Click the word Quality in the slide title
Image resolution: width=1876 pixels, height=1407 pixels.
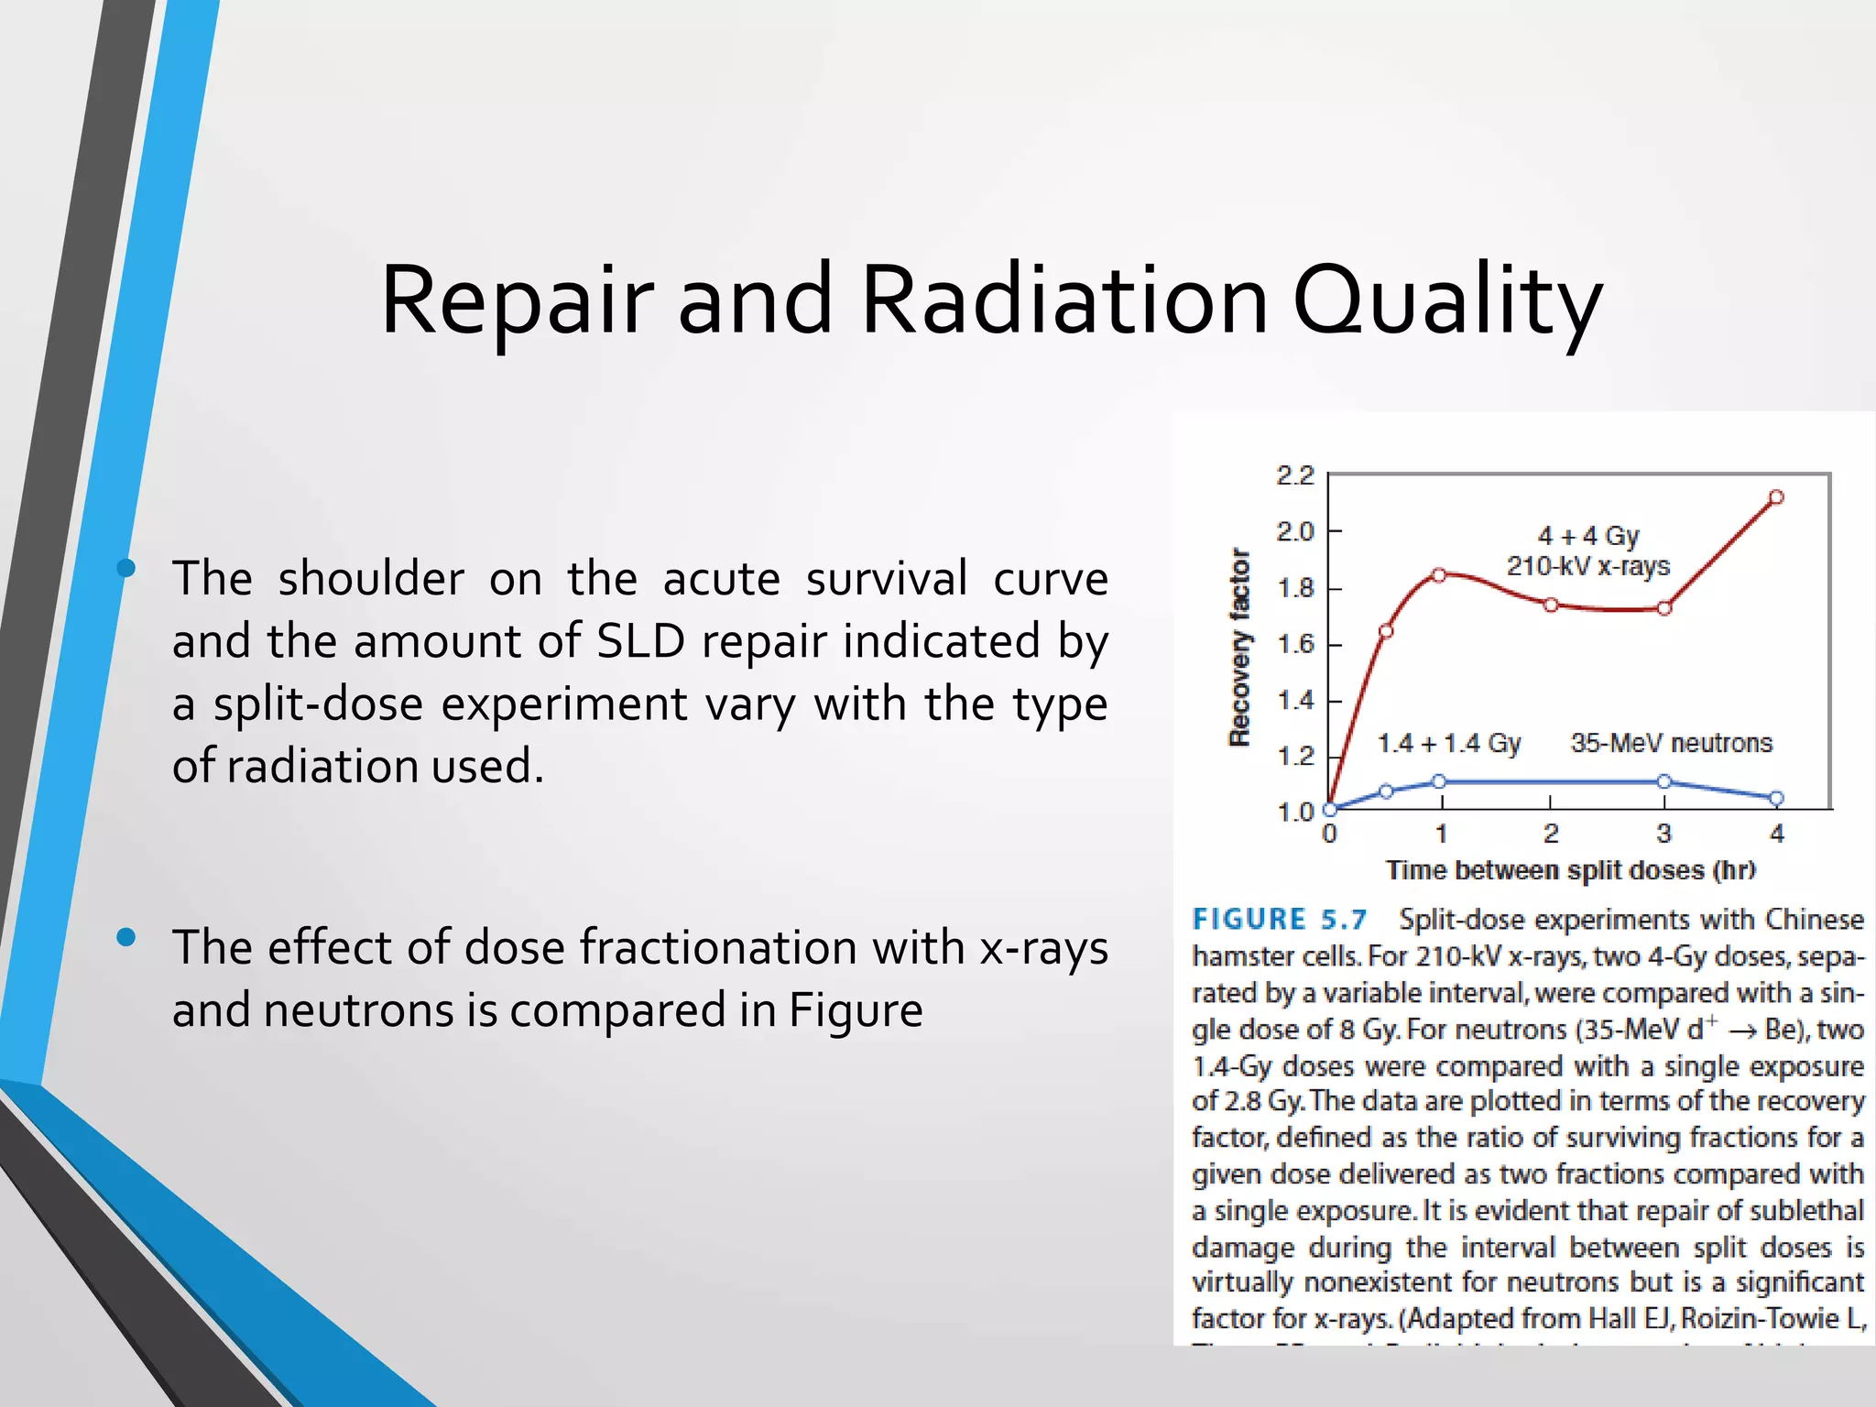[1447, 302]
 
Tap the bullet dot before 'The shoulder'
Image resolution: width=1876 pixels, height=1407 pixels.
[126, 569]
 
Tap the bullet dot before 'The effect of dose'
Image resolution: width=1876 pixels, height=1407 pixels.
[126, 937]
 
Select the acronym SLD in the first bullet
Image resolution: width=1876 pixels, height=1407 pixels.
[640, 641]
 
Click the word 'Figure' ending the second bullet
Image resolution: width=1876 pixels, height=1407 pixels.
[856, 1010]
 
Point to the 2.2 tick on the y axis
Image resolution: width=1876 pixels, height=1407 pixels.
[1294, 475]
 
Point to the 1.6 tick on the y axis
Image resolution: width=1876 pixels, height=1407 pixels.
[1294, 645]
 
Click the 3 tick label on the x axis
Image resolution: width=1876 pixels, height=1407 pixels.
[1663, 834]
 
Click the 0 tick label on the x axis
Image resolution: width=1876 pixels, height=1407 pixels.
[1330, 834]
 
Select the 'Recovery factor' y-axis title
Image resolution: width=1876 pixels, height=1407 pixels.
[1239, 648]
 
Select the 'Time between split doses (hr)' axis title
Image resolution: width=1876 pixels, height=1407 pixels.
[1570, 870]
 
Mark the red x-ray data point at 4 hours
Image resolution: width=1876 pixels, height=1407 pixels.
[1776, 497]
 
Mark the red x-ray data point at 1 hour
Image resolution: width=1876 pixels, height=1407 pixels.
[1439, 575]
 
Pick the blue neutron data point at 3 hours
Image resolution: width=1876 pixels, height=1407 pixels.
[1664, 781]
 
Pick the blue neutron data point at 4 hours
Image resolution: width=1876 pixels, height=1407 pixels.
[1776, 799]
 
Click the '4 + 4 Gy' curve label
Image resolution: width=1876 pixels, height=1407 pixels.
[1588, 536]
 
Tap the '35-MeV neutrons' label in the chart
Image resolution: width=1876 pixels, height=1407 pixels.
[1671, 743]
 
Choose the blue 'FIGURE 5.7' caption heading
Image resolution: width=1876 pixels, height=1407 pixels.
[1279, 919]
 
